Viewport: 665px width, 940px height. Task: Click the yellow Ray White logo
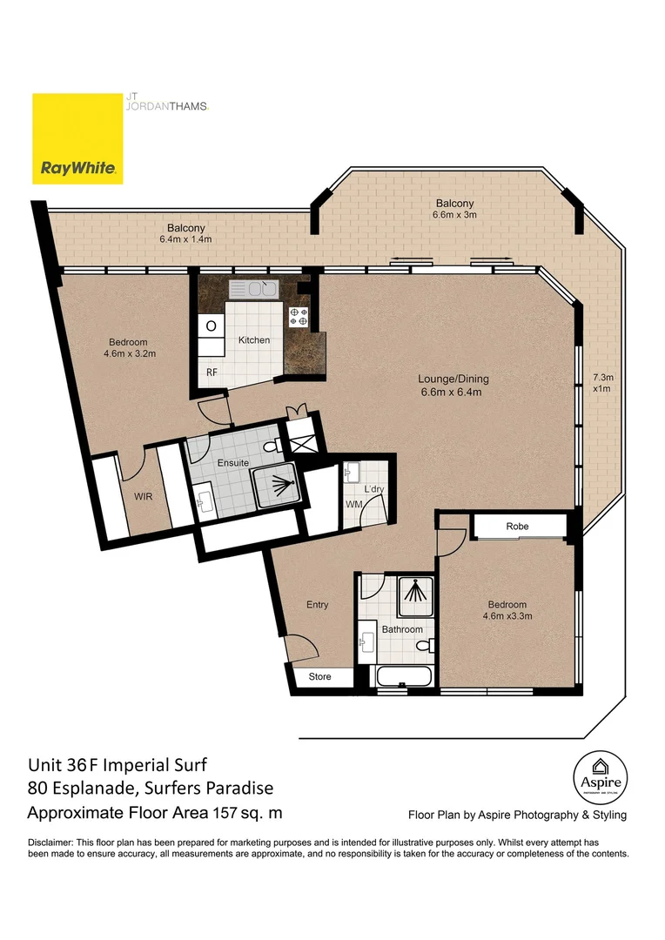coord(77,138)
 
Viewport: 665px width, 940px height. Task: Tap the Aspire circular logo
coord(601,777)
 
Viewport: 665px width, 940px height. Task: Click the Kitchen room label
coord(254,340)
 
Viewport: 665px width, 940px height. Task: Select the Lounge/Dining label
coord(453,379)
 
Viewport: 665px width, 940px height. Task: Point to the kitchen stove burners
coord(299,317)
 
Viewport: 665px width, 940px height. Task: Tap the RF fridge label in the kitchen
coord(212,373)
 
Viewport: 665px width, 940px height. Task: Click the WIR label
coord(144,496)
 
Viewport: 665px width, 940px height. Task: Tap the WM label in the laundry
coord(353,504)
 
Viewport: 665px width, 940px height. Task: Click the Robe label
coord(517,526)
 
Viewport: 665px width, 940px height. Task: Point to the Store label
coord(319,676)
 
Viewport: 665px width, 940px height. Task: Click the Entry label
coord(317,604)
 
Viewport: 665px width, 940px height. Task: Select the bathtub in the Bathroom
coord(404,677)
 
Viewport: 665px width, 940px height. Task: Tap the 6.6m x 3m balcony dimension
coord(454,215)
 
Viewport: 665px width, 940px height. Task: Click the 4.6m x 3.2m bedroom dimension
coord(130,353)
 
